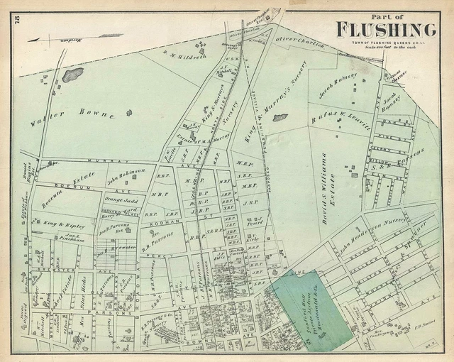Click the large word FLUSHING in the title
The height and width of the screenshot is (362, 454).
pyautogui.click(x=386, y=29)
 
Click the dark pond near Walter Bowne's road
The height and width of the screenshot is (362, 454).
pyautogui.click(x=72, y=74)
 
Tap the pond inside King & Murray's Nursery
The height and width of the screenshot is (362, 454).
pyautogui.click(x=279, y=117)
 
